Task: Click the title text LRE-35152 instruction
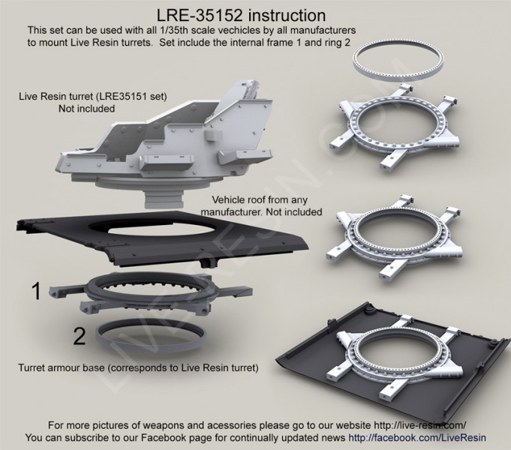tap(241, 15)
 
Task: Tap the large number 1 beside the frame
tap(36, 291)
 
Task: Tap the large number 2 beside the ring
tap(80, 336)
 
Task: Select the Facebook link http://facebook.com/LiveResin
tap(416, 437)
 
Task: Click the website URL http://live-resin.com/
tap(419, 425)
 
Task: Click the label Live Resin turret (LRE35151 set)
tap(93, 97)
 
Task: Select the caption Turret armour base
tap(62, 368)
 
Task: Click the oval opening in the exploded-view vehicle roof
tap(161, 229)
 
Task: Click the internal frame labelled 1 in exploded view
tap(150, 294)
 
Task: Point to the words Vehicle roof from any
tap(260, 199)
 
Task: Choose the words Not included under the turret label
tap(87, 109)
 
